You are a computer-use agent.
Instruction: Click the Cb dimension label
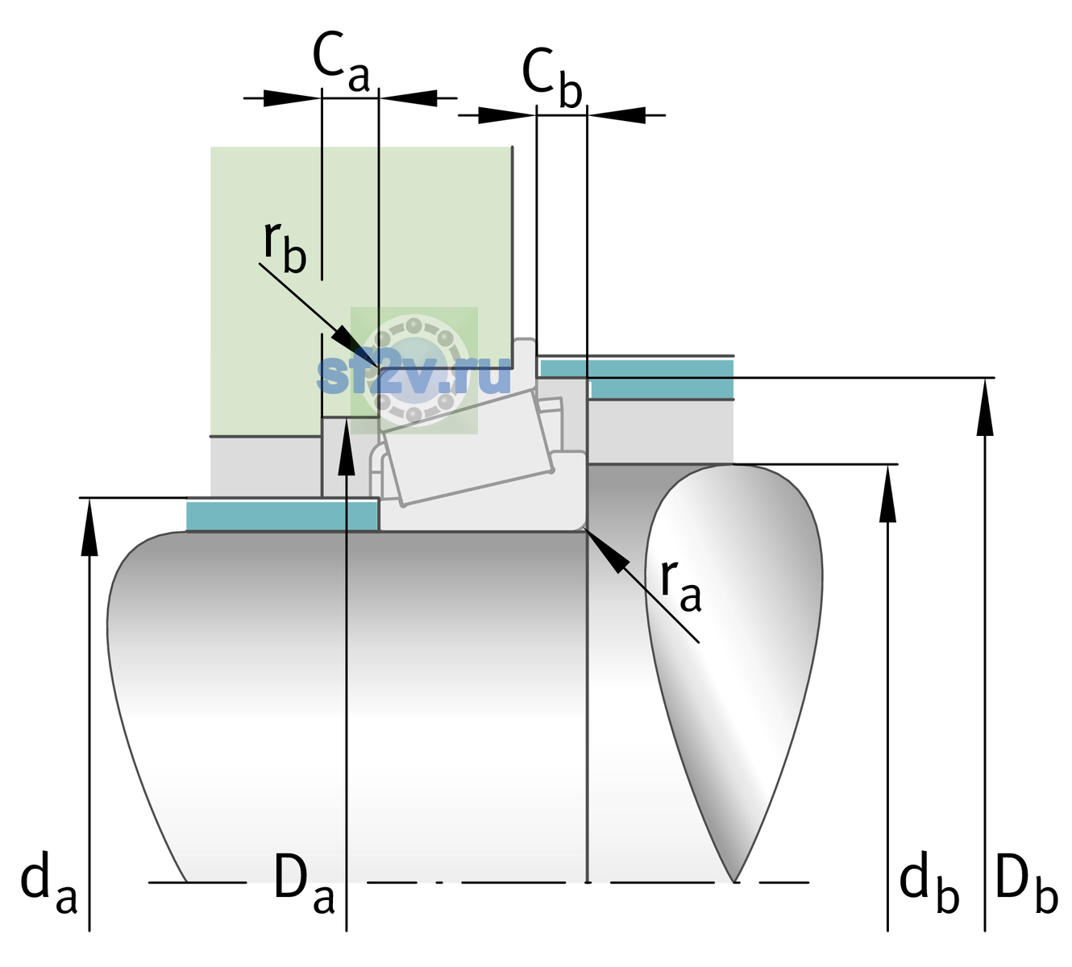click(551, 78)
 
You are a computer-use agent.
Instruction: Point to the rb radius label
click(285, 248)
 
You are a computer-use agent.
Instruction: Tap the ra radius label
click(680, 586)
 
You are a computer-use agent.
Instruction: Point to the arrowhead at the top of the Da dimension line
click(347, 446)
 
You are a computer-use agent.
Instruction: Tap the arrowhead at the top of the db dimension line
click(887, 492)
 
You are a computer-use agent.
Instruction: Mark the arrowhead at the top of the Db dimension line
click(985, 407)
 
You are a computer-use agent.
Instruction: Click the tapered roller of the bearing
click(467, 448)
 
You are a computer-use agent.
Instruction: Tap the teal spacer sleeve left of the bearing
click(282, 515)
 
